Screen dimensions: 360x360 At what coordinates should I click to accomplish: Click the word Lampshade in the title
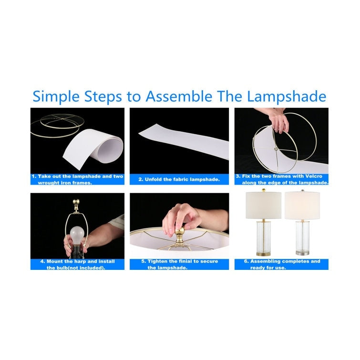point(287,97)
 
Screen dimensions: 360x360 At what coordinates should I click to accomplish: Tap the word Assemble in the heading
point(179,96)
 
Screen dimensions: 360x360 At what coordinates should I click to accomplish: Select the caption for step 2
point(179,179)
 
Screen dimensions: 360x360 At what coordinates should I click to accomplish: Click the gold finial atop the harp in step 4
point(75,204)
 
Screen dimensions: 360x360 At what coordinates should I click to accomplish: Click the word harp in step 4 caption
point(82,261)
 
